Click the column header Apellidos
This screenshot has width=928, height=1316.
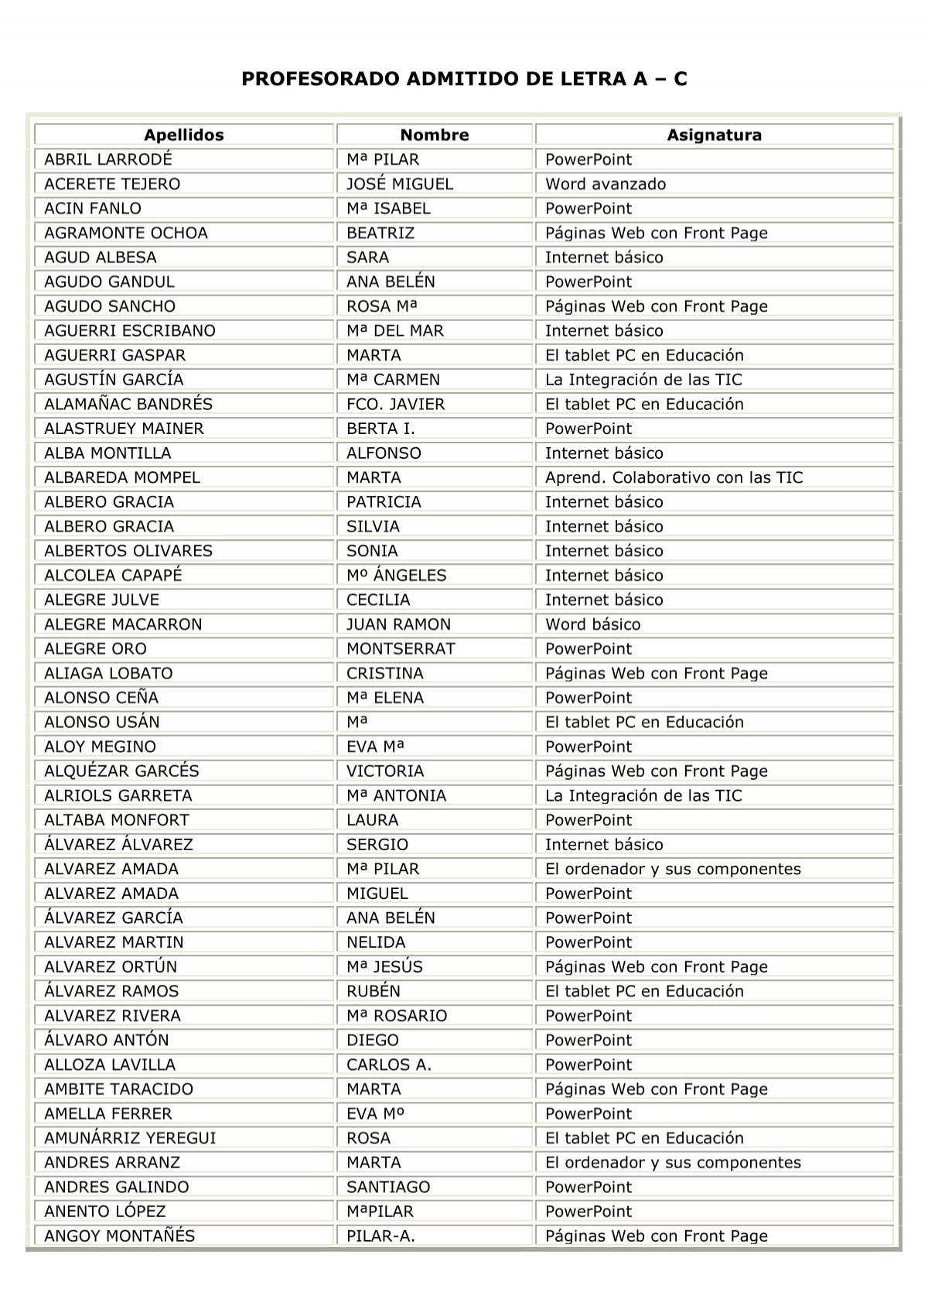[183, 135]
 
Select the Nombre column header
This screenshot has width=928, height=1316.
[435, 135]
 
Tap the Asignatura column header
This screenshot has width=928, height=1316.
[714, 135]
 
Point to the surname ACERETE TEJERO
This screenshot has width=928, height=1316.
[112, 184]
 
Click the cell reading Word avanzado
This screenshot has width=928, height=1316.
[605, 184]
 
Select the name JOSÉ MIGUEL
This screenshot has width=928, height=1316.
[399, 184]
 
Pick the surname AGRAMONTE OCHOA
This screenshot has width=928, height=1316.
[126, 233]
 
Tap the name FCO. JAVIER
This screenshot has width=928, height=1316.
[395, 404]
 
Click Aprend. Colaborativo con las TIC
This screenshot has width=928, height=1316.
[674, 477]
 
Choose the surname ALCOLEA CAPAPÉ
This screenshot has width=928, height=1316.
[113, 576]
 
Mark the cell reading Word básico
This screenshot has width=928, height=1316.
[592, 624]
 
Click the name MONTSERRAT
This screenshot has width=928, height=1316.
[401, 649]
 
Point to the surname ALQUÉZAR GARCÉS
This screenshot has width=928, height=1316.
[121, 771]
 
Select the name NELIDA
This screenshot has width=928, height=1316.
[376, 942]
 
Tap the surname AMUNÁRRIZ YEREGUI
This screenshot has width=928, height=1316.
[130, 1138]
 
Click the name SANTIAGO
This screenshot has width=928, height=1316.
[388, 1187]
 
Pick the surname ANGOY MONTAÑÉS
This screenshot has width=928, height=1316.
[119, 1236]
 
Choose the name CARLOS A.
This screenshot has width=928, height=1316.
[389, 1065]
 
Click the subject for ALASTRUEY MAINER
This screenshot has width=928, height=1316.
[588, 429]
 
